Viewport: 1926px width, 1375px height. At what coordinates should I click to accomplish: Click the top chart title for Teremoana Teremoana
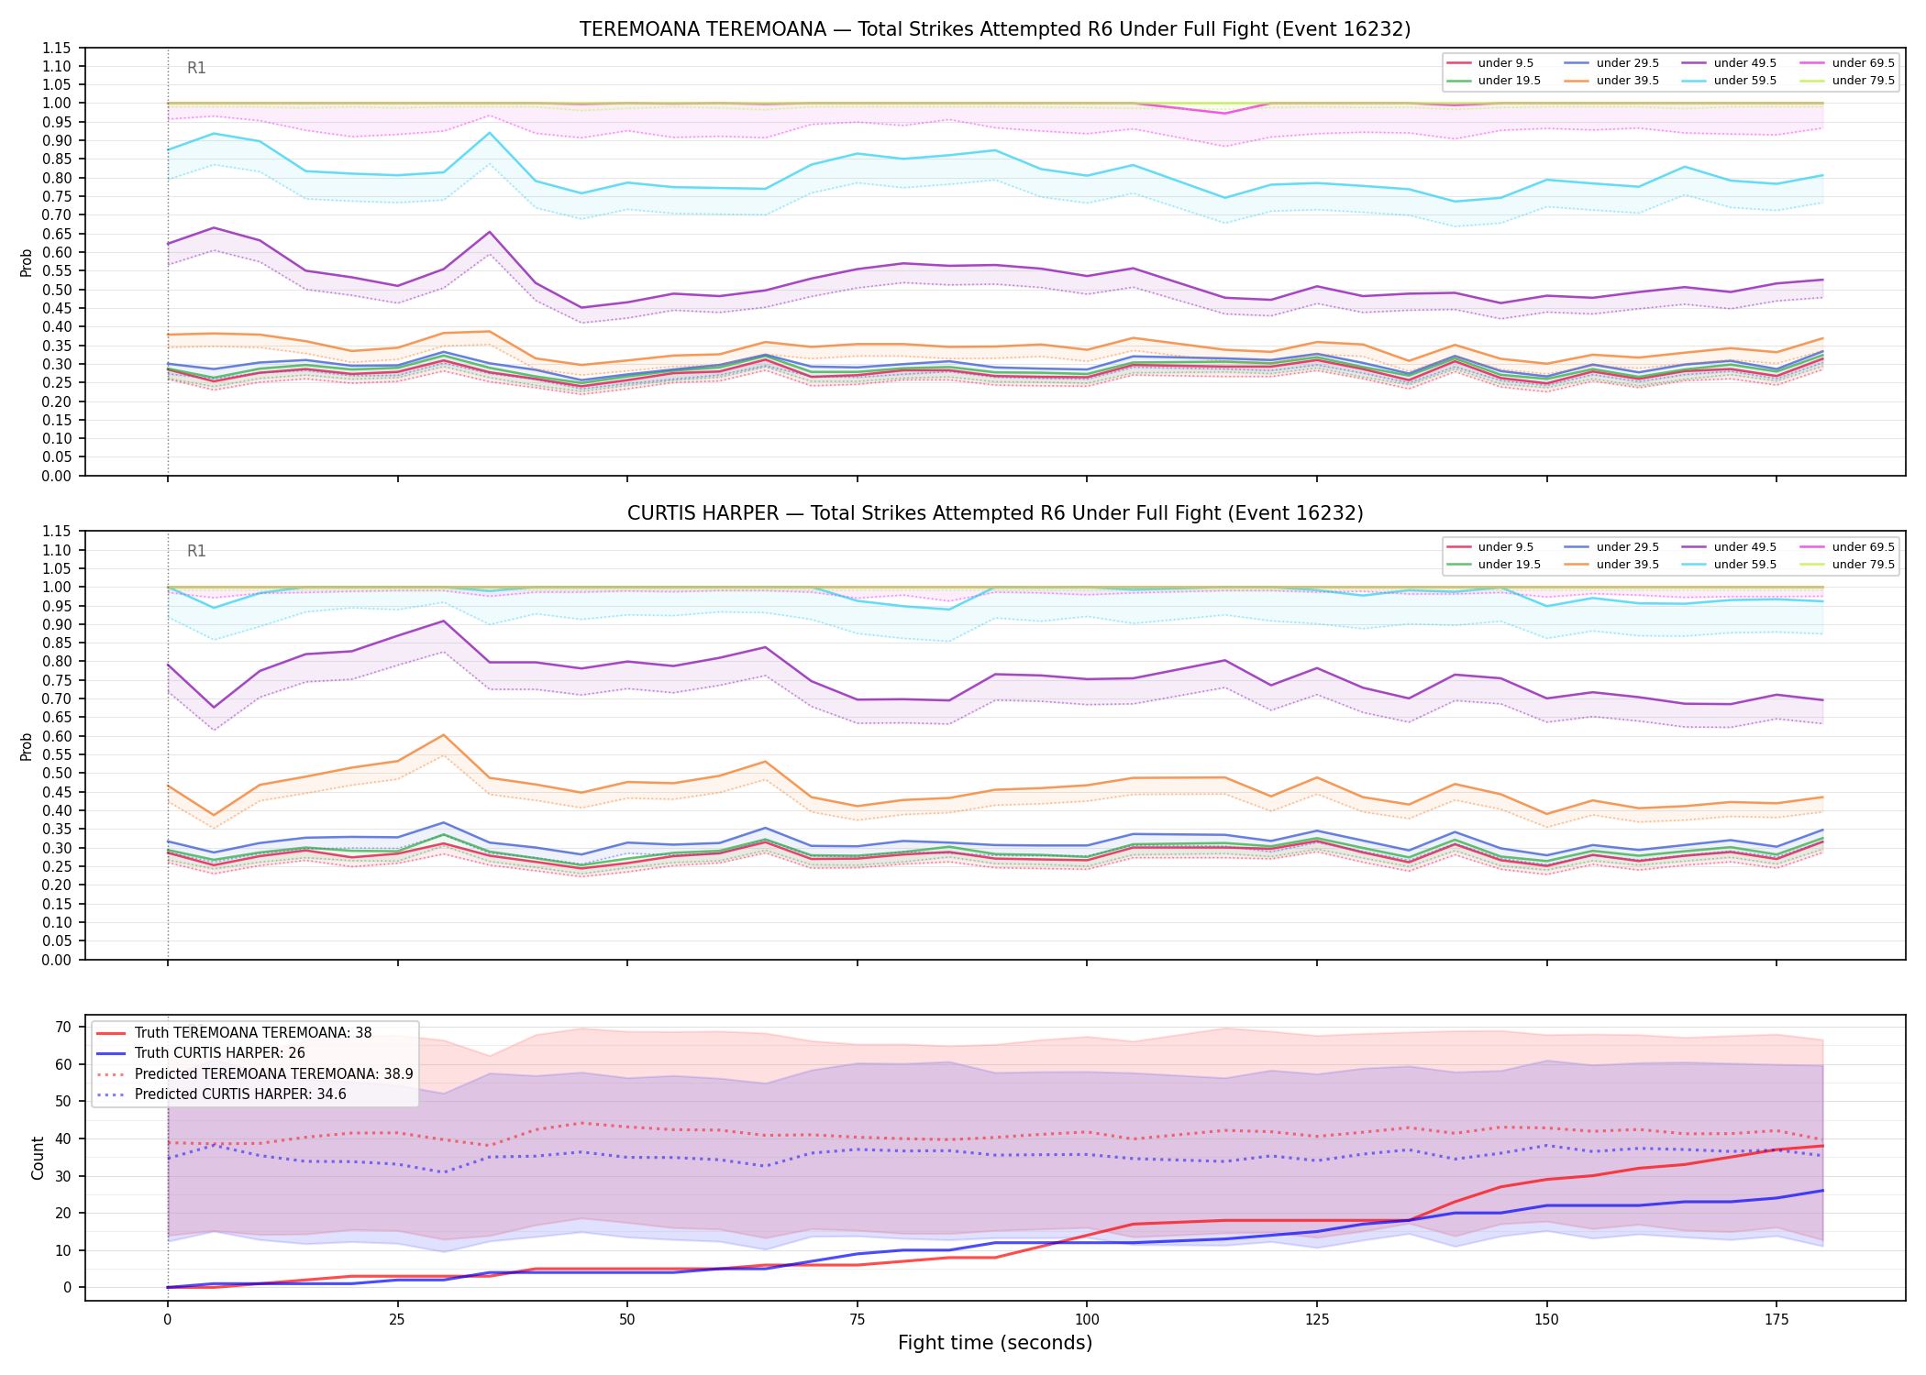(x=995, y=29)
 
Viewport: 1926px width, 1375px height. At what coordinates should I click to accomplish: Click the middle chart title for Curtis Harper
(x=995, y=513)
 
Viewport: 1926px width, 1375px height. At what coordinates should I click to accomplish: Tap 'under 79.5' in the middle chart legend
(x=1863, y=565)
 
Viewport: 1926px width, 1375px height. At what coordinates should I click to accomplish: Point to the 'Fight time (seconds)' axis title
(x=995, y=1343)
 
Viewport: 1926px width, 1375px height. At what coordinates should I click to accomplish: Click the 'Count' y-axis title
(x=38, y=1158)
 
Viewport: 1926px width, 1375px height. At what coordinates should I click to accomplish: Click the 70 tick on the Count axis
(x=63, y=1027)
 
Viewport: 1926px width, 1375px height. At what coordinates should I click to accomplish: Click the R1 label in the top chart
(x=196, y=68)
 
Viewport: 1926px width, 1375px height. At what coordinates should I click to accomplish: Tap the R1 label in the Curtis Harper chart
(x=196, y=551)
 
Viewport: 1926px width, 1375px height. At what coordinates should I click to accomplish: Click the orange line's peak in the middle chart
(x=443, y=735)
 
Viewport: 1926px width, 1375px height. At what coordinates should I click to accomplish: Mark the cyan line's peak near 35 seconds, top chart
(x=489, y=133)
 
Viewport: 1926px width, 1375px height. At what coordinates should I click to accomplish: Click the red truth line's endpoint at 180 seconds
(x=1822, y=1146)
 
